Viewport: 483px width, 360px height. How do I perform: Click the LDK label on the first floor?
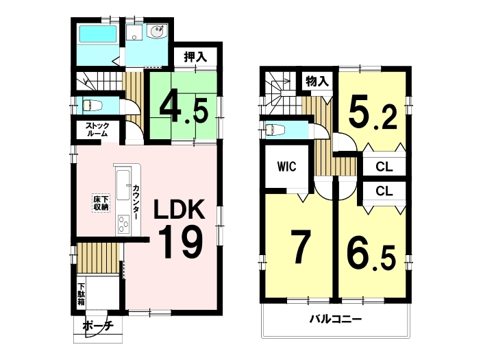[x=179, y=209]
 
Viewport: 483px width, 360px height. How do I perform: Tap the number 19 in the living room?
[x=180, y=241]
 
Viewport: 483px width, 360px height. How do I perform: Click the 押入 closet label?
[x=195, y=57]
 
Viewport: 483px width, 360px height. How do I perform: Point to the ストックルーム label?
[x=97, y=130]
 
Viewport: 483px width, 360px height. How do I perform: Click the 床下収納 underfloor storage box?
[x=101, y=203]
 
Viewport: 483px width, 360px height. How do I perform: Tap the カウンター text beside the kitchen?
[x=136, y=202]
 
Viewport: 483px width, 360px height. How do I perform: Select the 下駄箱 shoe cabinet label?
[x=81, y=294]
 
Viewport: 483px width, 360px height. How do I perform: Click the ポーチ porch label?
[x=98, y=326]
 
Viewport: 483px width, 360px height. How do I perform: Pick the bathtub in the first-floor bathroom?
[x=98, y=34]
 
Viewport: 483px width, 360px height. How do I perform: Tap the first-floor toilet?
[x=92, y=105]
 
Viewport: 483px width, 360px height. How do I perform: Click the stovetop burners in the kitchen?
[x=124, y=224]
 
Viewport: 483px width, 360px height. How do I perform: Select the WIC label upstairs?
[x=286, y=167]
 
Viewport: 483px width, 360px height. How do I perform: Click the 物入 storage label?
[x=317, y=82]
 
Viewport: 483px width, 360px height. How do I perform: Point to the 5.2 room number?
[x=373, y=115]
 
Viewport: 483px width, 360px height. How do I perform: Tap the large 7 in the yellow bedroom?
[x=299, y=248]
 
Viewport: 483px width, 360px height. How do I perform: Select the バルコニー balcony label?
[x=336, y=319]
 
